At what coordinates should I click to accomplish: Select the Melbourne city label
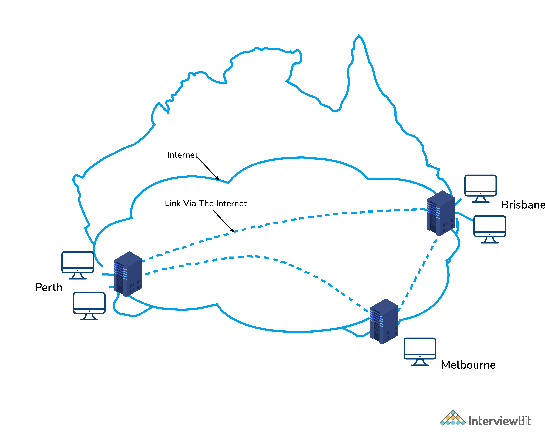tap(468, 365)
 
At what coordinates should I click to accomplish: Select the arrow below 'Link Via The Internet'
tap(224, 221)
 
